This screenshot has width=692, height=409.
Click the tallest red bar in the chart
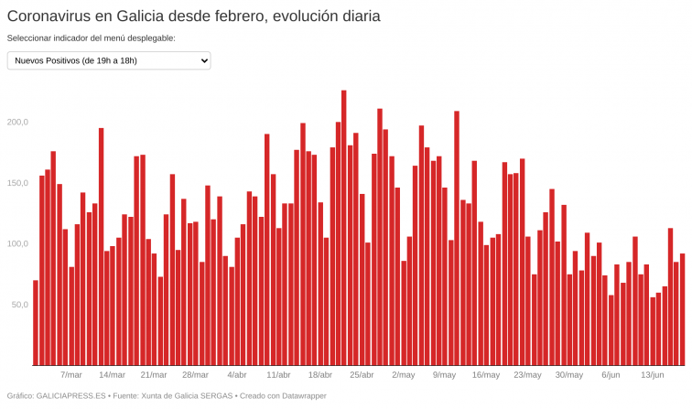[x=343, y=229]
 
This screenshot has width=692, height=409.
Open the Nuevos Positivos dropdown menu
[x=109, y=60]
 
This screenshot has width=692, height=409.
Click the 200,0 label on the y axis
[x=18, y=122]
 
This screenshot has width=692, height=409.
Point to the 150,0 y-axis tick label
[x=18, y=183]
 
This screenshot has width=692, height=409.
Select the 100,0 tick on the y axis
[x=18, y=243]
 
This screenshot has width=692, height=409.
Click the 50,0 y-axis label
[x=20, y=304]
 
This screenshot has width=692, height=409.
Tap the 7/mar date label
[x=71, y=374]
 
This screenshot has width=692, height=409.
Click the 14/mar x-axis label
[x=112, y=374]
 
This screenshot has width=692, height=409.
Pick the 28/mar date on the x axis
[x=195, y=374]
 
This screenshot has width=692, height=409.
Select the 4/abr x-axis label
[x=237, y=374]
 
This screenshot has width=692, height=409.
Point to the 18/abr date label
[x=319, y=374]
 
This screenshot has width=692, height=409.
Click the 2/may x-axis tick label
[x=403, y=374]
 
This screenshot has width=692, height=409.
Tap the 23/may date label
[x=527, y=374]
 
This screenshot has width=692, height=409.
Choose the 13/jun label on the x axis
[x=652, y=374]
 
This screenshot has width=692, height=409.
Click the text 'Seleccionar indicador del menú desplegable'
[x=91, y=38]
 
